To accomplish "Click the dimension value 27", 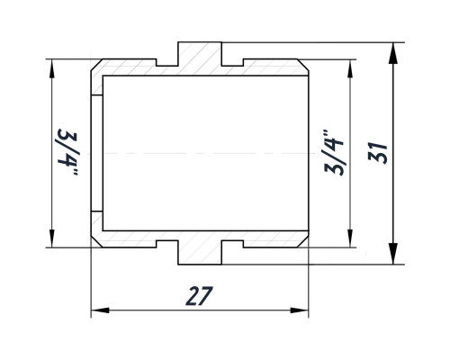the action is tap(200, 296).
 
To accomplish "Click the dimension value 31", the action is tap(378, 153).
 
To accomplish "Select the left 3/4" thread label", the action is tap(67, 152).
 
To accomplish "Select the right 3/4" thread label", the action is tap(334, 152).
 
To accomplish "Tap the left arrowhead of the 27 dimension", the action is tap(100, 310).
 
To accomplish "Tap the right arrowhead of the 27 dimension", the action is tap(300, 310).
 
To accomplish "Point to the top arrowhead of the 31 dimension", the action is tap(393, 53).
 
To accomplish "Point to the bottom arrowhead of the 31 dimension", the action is tap(393, 254).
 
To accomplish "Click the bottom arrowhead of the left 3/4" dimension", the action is tap(52, 238).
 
